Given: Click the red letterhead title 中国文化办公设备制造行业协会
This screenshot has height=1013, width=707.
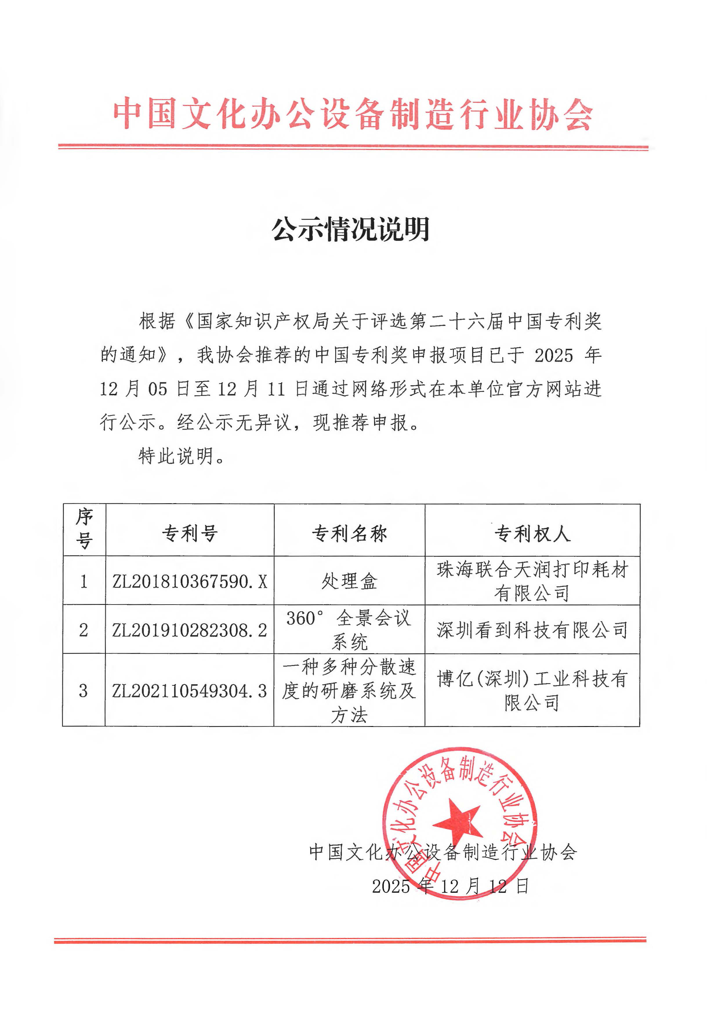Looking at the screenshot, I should tap(353, 114).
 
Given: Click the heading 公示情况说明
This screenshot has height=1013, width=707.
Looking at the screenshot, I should tap(351, 230).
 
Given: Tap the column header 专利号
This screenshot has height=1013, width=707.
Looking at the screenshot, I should tap(190, 534).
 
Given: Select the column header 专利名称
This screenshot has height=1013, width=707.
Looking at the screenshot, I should tap(349, 534).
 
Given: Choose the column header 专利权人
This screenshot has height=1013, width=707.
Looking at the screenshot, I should tap(532, 534).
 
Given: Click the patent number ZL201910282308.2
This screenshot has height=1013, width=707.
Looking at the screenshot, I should tap(190, 630).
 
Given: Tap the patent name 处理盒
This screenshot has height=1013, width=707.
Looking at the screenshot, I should tap(349, 581).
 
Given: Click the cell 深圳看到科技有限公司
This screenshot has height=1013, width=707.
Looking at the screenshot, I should tap(532, 630).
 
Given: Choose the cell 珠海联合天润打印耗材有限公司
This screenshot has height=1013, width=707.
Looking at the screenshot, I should tap(532, 581).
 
